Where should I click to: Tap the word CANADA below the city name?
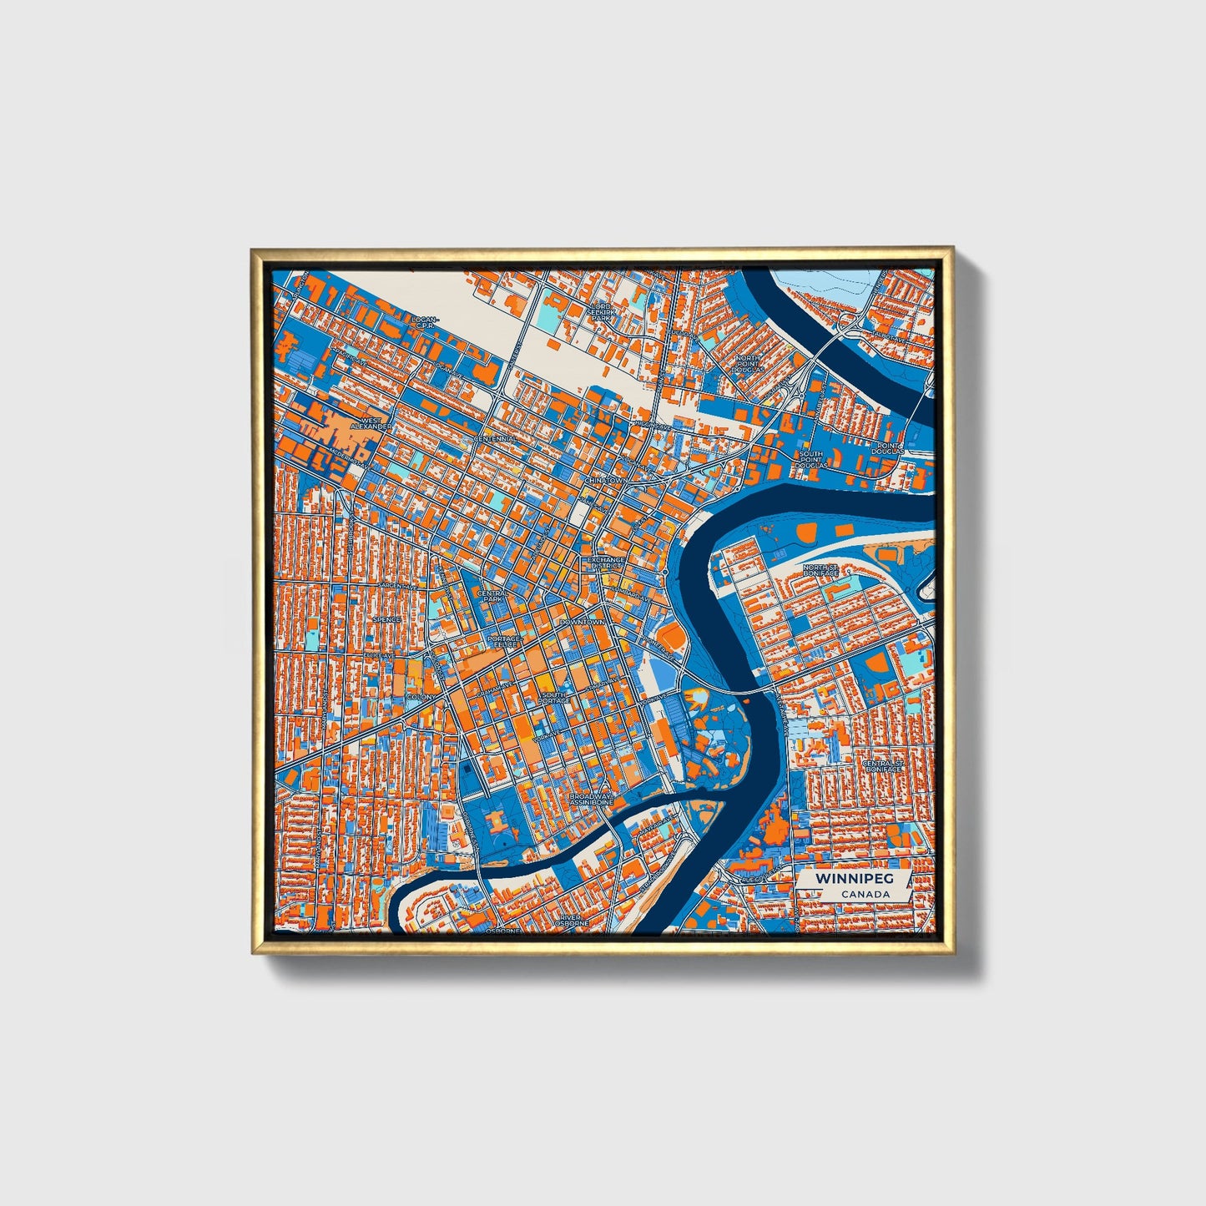click(x=865, y=895)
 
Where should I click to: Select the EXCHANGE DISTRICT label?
click(x=606, y=563)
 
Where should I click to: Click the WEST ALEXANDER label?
click(x=371, y=424)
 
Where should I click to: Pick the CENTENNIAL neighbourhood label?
click(x=496, y=439)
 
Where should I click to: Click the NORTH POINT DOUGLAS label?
click(x=749, y=363)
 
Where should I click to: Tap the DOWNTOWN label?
click(x=582, y=623)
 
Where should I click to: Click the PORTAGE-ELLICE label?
click(x=503, y=642)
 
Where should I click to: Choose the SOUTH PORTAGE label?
click(x=553, y=698)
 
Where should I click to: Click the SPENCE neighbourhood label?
click(x=386, y=620)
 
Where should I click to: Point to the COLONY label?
click(x=420, y=696)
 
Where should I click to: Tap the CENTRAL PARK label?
click(x=491, y=596)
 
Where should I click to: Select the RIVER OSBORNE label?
click(x=575, y=920)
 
